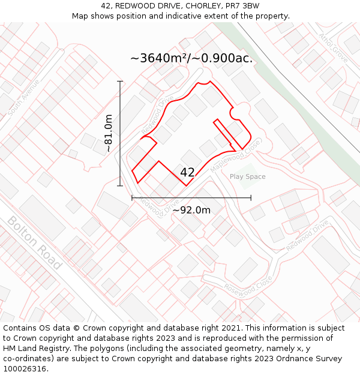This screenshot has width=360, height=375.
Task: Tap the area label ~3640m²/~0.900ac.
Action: (191, 58)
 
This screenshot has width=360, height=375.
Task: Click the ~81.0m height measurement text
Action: (109, 133)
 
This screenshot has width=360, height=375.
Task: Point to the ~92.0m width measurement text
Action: (191, 210)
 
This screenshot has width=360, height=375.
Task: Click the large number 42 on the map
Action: (187, 172)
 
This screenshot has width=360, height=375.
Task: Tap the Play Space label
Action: (247, 176)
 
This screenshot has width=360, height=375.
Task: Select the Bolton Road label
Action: (34, 242)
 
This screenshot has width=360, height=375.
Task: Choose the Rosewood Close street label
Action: (248, 285)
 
